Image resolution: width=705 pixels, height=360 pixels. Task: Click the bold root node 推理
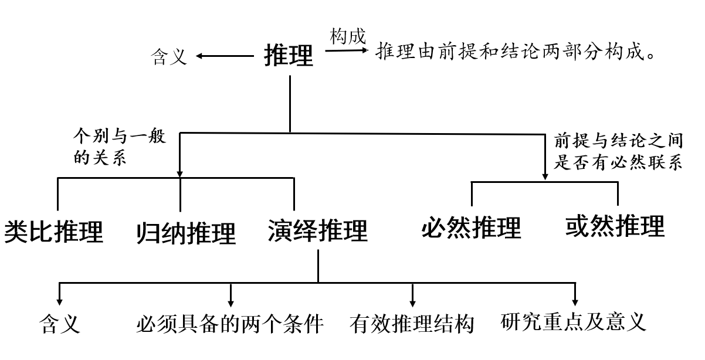point(289,56)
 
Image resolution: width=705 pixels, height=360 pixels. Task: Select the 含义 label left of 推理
point(169,57)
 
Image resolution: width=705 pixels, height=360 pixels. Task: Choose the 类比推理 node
point(54,232)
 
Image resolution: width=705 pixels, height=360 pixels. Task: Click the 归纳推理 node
point(185,233)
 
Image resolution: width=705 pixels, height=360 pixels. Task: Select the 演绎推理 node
point(317,231)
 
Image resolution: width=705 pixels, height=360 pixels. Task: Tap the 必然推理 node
point(471,227)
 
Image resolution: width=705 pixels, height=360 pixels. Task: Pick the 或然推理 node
point(615,226)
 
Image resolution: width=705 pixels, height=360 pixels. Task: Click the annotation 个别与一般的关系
point(119,148)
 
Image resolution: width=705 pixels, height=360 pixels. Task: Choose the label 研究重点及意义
point(574,321)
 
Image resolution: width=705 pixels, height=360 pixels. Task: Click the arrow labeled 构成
point(348,51)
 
